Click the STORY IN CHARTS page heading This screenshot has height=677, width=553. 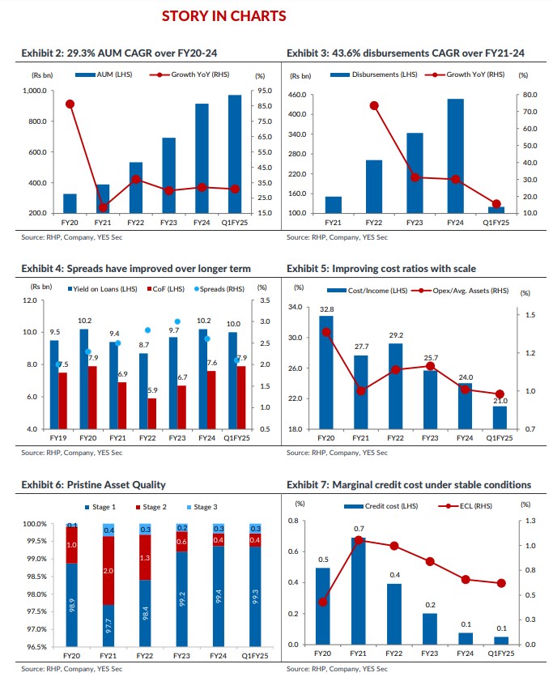(x=223, y=16)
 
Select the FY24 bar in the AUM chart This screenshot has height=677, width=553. (x=202, y=159)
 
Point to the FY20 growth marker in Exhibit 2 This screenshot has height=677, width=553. (x=70, y=104)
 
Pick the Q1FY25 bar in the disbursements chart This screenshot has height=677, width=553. (x=496, y=210)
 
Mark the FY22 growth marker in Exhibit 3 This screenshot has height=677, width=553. (x=374, y=105)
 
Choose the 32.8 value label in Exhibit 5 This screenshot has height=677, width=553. (x=326, y=309)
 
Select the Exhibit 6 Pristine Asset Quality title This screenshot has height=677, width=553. (x=93, y=484)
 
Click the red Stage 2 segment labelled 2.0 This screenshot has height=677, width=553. (x=108, y=571)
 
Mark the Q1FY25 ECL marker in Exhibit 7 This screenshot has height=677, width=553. (x=500, y=583)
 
